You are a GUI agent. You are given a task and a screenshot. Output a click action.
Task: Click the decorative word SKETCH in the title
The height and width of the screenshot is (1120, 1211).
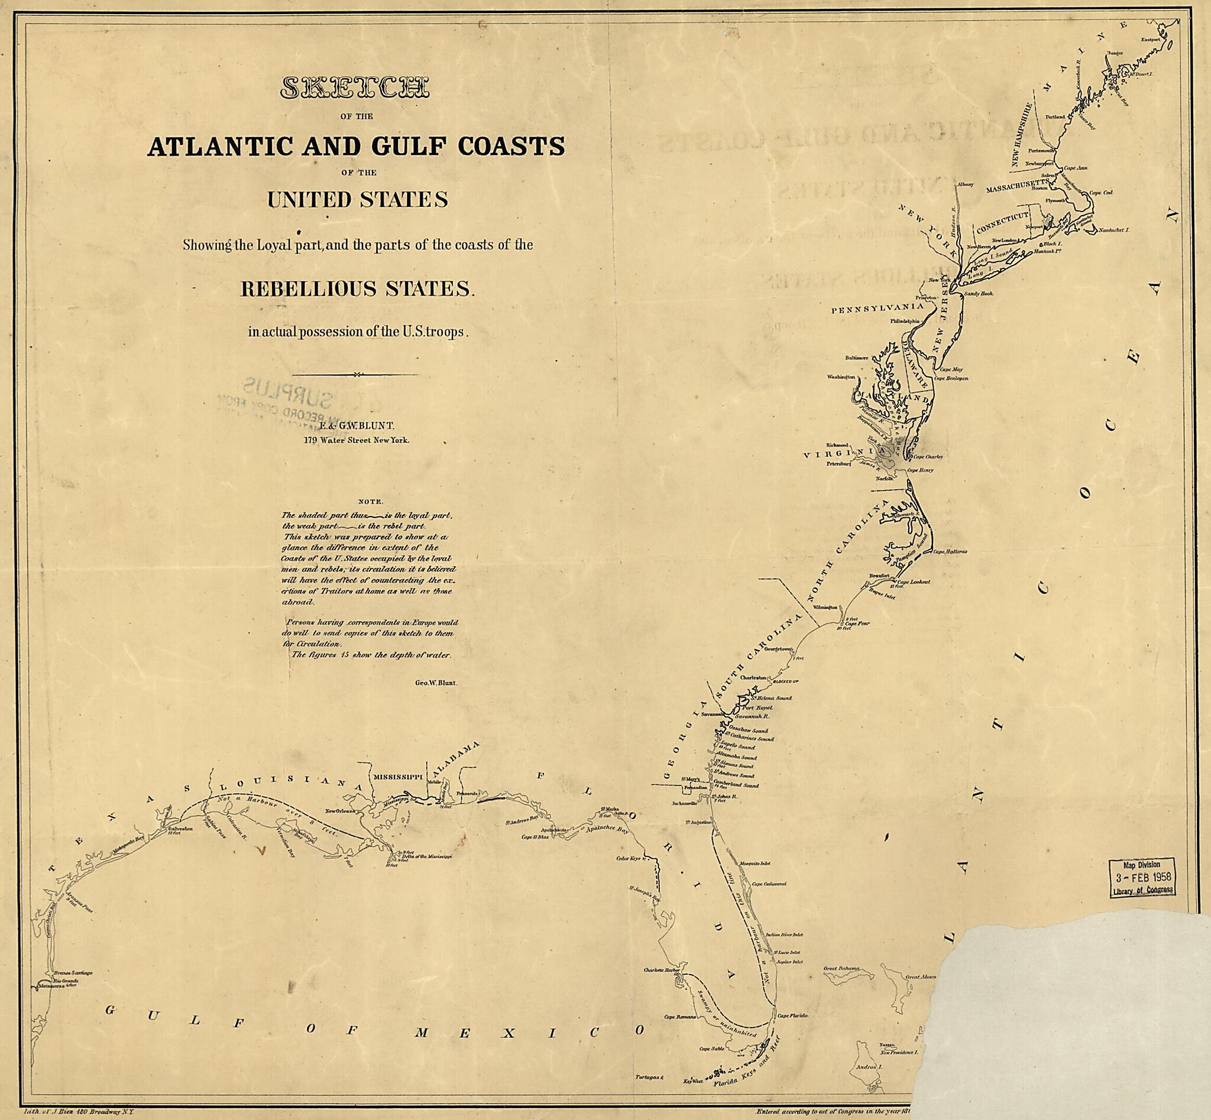click(x=355, y=89)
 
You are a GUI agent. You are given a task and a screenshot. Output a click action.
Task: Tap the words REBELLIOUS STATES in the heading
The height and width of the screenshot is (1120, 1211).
click(x=356, y=288)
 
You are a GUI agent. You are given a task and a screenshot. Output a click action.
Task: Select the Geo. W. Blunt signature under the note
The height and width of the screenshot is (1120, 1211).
click(x=436, y=682)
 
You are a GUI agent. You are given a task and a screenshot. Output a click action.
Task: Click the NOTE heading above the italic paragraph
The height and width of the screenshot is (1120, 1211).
click(x=370, y=502)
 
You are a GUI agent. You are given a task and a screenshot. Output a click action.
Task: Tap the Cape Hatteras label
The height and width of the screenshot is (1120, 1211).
click(x=950, y=551)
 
